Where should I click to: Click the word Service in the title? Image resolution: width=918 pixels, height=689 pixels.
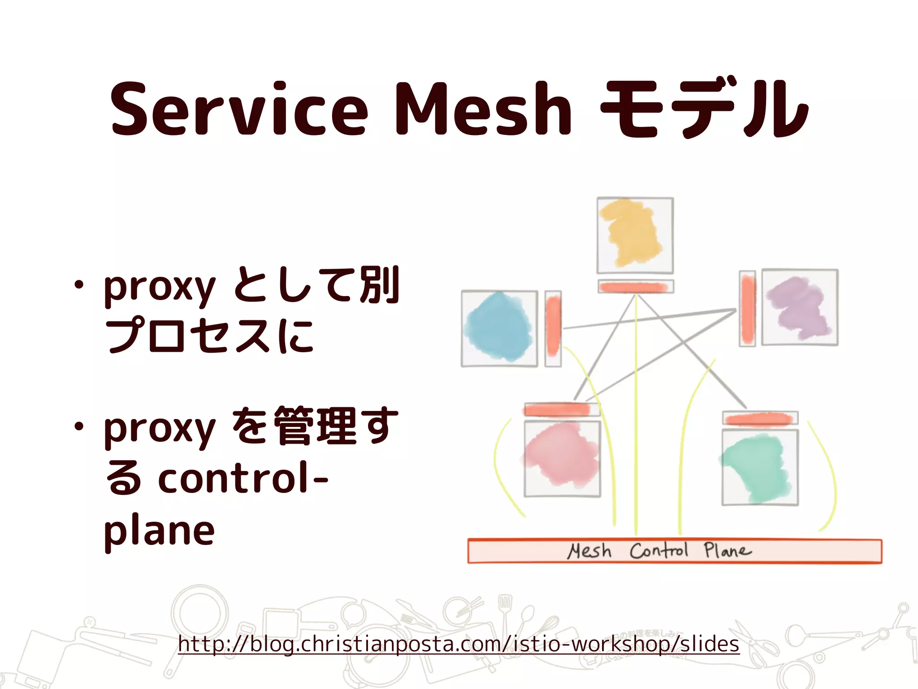pos(239,109)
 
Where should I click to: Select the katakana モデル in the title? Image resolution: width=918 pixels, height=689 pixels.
pos(704,109)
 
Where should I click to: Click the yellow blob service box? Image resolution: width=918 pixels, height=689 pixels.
pos(635,235)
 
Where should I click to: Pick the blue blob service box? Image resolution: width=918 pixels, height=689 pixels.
pos(499,328)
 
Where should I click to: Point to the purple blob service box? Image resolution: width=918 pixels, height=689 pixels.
pos(800,307)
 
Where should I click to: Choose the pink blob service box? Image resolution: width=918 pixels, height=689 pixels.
pos(562,458)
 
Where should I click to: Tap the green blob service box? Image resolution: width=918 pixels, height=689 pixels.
pos(760,467)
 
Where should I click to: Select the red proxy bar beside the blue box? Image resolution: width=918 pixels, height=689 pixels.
pos(553,328)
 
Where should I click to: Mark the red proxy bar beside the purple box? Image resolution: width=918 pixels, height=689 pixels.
pos(747,308)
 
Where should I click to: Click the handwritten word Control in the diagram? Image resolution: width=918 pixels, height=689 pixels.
pos(658,550)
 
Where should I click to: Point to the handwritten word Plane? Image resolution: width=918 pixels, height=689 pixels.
pos(727,550)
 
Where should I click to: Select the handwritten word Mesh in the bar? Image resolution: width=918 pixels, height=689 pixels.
pos(589,551)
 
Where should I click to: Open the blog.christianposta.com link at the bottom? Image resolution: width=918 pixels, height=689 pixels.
pos(458,644)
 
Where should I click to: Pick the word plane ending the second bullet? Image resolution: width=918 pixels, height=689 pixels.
pos(159,532)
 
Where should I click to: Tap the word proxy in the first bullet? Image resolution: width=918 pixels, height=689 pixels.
pos(160,287)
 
